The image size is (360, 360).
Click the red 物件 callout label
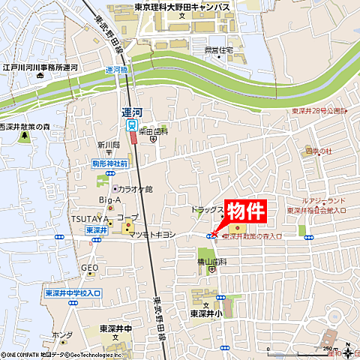click(246, 211)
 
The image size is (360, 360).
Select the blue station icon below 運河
click(132, 125)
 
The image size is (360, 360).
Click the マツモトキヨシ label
click(153, 235)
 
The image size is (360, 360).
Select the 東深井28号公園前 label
click(325, 111)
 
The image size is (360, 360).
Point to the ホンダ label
click(62, 335)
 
